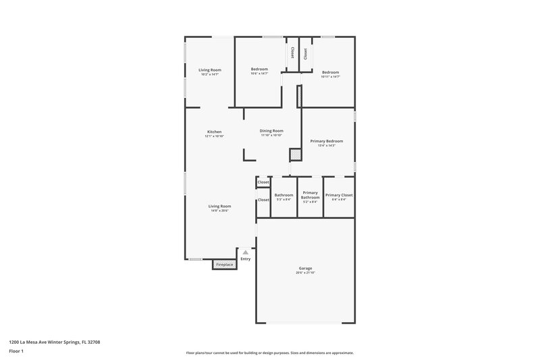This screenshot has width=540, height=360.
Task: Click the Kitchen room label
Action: click(214, 132)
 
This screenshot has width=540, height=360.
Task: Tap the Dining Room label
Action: click(272, 130)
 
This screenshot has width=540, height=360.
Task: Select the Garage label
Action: click(305, 268)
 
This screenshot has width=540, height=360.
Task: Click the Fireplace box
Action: click(224, 264)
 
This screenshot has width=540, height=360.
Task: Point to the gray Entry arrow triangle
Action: click(245, 253)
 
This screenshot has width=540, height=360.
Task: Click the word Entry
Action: click(245, 259)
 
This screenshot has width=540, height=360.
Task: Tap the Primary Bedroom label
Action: click(327, 141)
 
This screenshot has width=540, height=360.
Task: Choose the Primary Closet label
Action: click(339, 195)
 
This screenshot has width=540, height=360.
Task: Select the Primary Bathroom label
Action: click(310, 195)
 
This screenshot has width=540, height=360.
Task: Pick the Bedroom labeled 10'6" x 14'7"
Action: click(259, 70)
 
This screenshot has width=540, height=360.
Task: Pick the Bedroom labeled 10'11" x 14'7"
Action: click(330, 72)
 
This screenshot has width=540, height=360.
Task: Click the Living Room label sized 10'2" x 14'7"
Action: click(210, 70)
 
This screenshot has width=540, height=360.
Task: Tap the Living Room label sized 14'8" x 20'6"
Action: click(219, 206)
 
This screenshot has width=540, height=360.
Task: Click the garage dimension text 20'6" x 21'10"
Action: click(305, 273)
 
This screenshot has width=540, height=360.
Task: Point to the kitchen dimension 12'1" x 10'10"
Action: click(214, 136)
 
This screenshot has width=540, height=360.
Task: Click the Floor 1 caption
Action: click(16, 352)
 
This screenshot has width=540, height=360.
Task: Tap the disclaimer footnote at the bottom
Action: click(270, 353)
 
